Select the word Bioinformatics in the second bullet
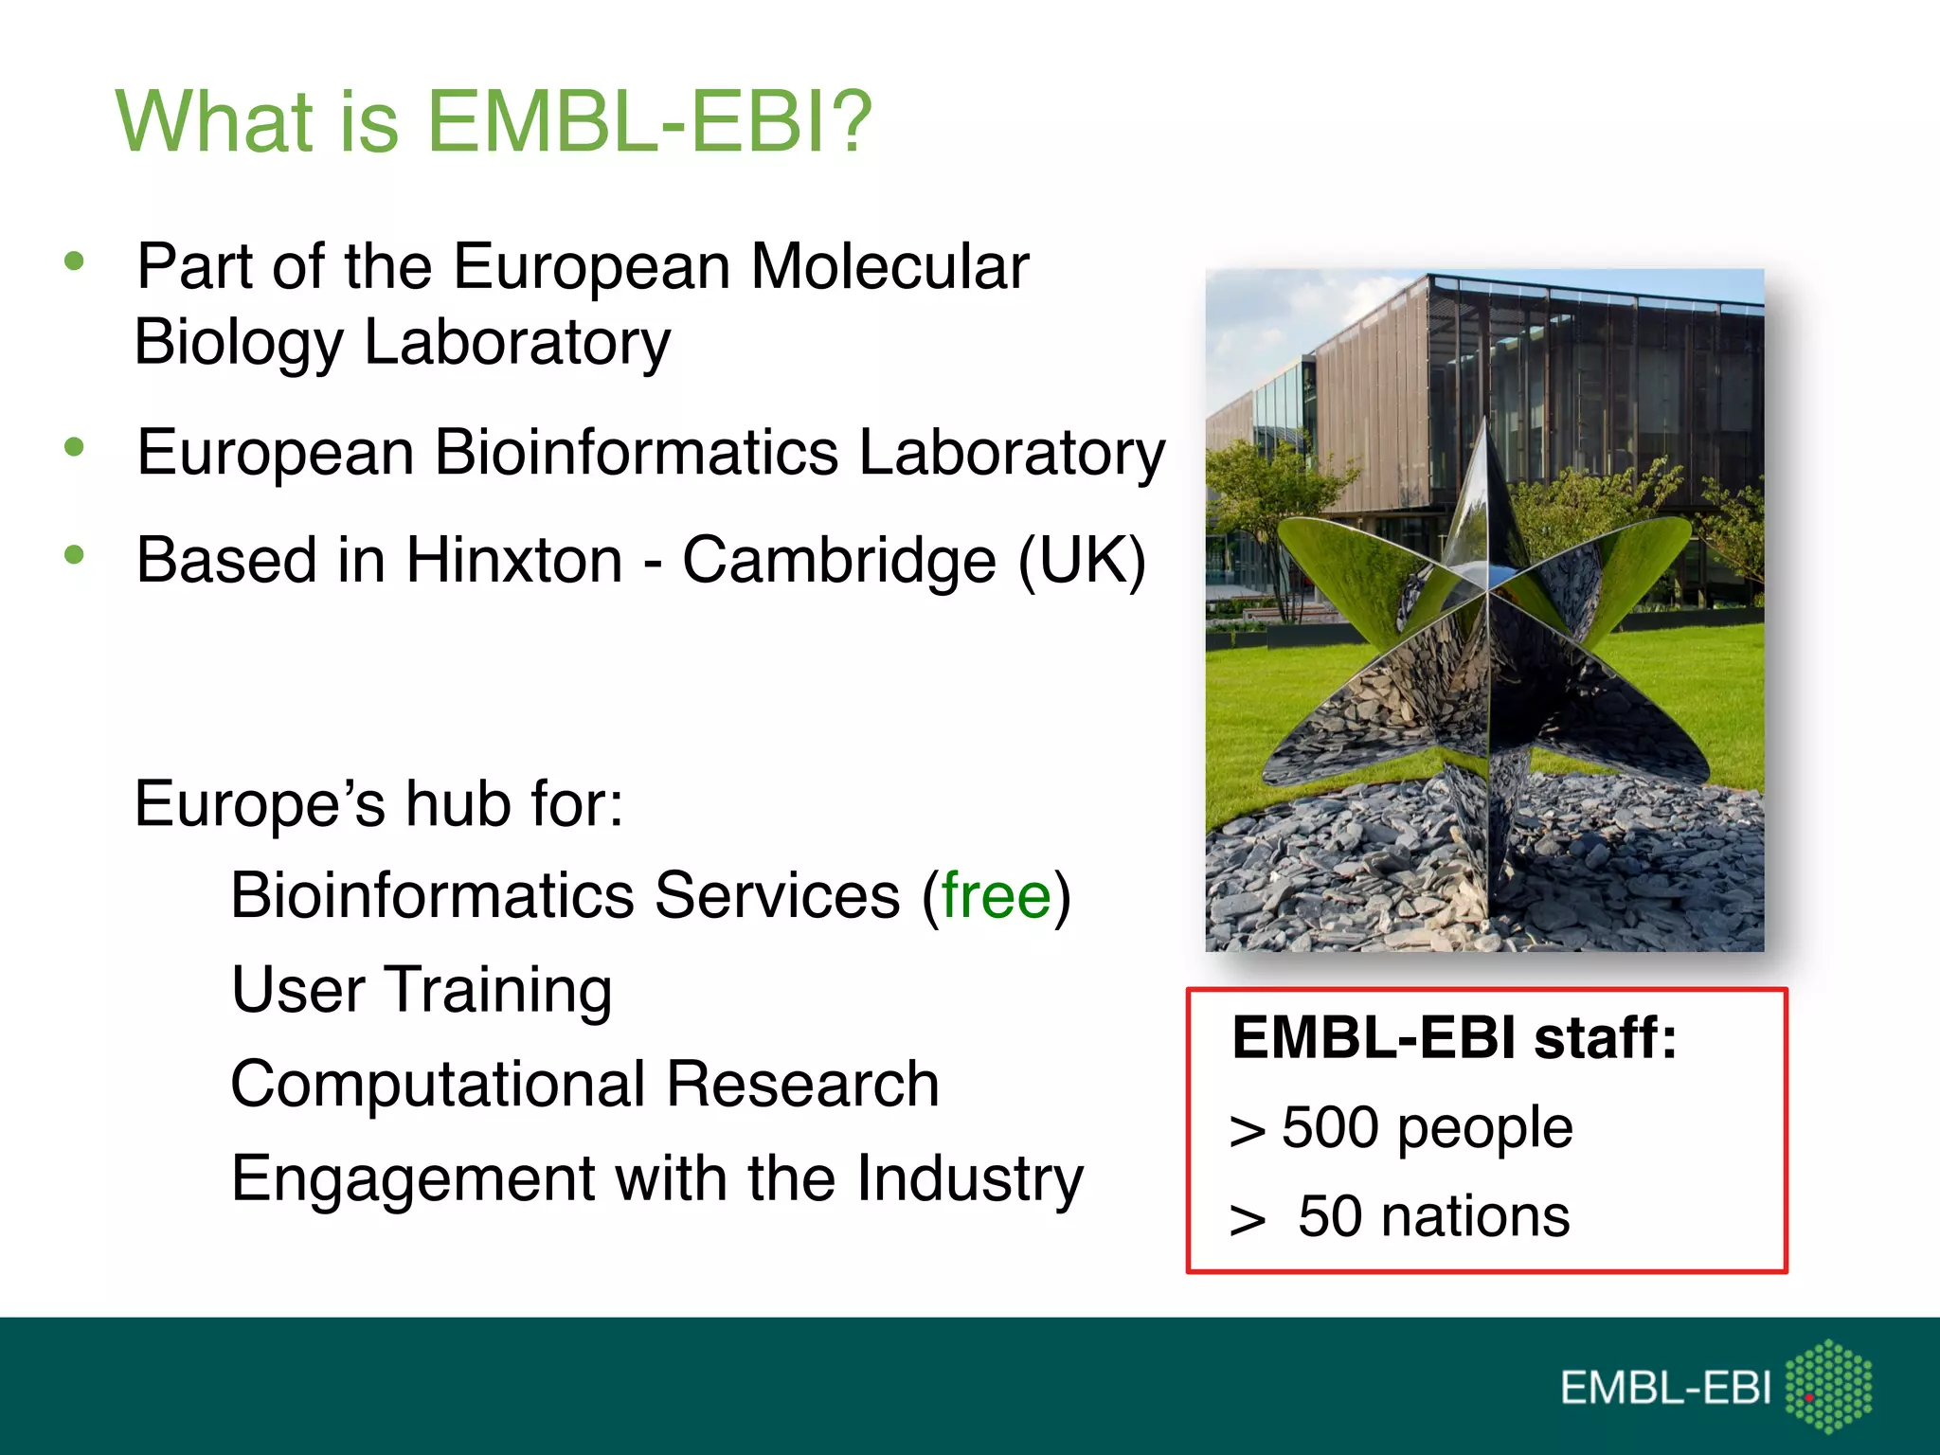click(636, 452)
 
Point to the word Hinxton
click(514, 560)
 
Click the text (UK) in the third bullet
click(1082, 560)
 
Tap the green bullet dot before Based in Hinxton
click(75, 555)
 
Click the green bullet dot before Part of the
click(75, 260)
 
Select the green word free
click(996, 895)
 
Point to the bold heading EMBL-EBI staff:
click(1454, 1037)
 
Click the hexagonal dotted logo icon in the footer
click(1828, 1386)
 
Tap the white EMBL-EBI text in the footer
click(1665, 1389)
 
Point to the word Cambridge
click(838, 560)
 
